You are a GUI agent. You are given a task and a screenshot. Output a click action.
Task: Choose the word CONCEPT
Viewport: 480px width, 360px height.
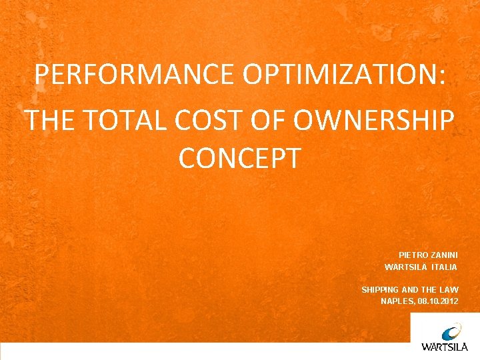pos(240,159)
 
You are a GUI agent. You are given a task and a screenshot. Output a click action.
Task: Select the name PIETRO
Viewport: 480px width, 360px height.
pos(413,255)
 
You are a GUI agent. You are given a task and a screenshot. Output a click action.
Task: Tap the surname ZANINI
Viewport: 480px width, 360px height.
pos(443,255)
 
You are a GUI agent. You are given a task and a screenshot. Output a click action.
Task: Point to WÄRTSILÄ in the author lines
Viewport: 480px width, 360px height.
pos(405,267)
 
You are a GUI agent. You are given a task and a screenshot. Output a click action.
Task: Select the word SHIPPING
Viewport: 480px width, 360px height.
pos(380,289)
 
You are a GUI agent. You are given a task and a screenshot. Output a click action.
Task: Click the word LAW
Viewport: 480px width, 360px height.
pos(449,289)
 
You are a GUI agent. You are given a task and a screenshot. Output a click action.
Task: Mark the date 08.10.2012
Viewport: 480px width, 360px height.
pos(438,301)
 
